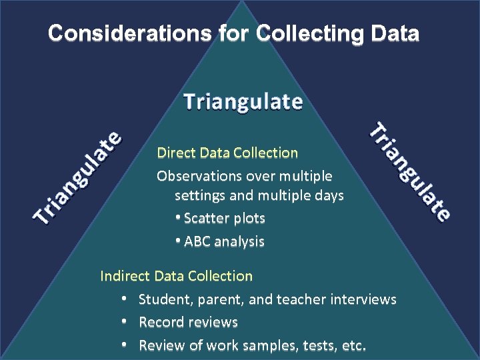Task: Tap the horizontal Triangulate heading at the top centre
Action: tap(243, 101)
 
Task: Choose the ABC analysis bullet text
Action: tap(224, 241)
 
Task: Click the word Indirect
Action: tap(125, 276)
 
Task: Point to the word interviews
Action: tap(362, 299)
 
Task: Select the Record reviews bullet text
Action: tap(188, 323)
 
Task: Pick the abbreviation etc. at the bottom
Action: tap(352, 346)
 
